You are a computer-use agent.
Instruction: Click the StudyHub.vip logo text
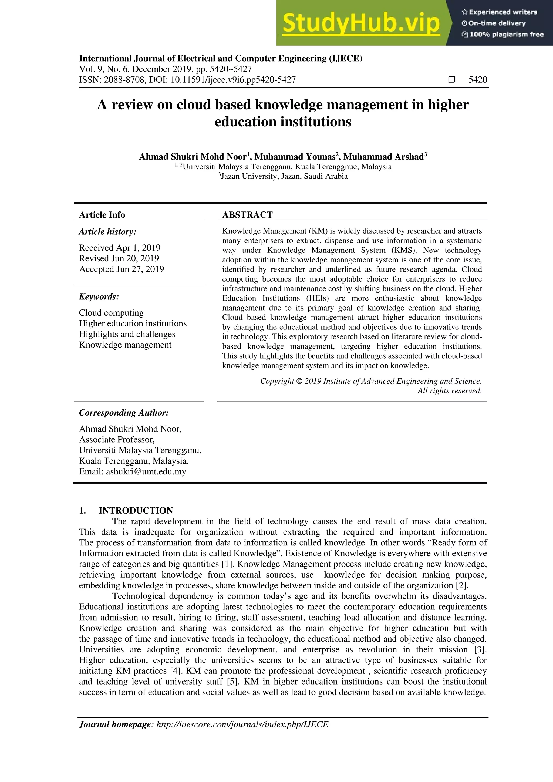click(361, 23)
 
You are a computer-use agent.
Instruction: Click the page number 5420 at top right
click(477, 80)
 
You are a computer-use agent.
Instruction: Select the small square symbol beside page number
click(451, 80)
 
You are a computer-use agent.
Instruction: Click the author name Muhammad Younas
click(295, 157)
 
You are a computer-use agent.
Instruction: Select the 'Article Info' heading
click(102, 215)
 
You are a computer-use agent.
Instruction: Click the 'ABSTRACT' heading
click(247, 215)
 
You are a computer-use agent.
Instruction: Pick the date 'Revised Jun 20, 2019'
click(119, 258)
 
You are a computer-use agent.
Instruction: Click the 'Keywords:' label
click(99, 297)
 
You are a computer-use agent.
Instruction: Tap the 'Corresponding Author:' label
click(124, 413)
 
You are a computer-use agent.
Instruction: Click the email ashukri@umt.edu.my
click(146, 472)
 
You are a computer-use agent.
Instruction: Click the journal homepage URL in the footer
click(242, 724)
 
